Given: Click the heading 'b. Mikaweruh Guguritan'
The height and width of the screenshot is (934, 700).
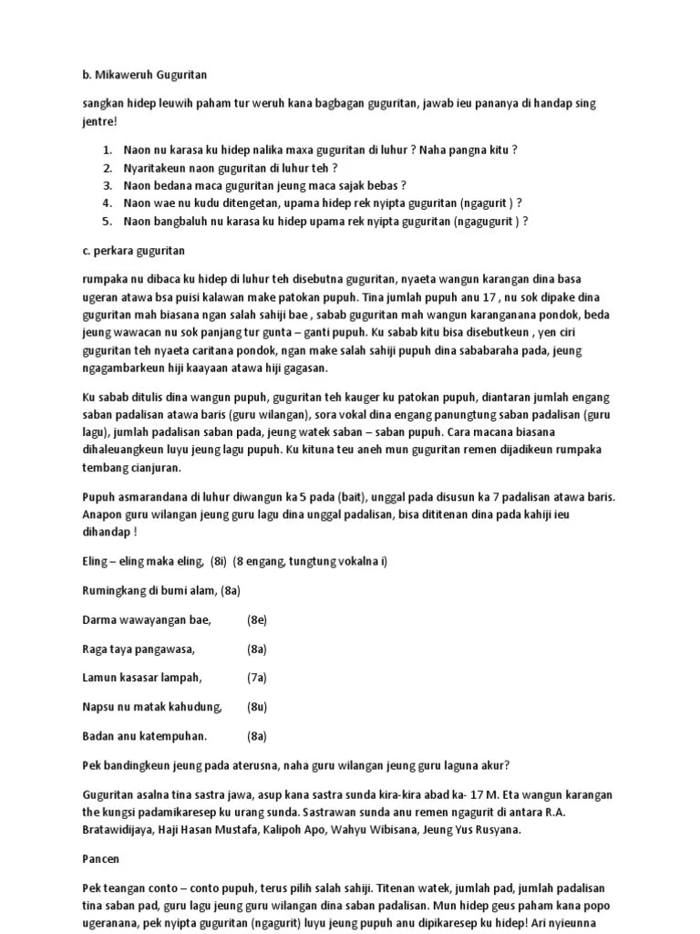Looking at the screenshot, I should pyautogui.click(x=150, y=74).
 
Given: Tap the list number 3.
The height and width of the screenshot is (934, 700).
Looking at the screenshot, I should pyautogui.click(x=107, y=185).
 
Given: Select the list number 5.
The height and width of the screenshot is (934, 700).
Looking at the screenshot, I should pyautogui.click(x=107, y=221).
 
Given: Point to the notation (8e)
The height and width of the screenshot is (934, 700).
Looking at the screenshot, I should pyautogui.click(x=256, y=620).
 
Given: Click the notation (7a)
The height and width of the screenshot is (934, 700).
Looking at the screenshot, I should pyautogui.click(x=256, y=678).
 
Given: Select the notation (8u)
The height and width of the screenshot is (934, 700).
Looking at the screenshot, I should pyautogui.click(x=256, y=707).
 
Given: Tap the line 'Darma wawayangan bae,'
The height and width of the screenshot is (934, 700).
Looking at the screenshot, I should pyautogui.click(x=146, y=620).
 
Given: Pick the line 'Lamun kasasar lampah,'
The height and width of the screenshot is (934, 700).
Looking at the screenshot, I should pyautogui.click(x=141, y=678).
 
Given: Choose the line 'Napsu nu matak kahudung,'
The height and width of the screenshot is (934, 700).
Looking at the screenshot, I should pyautogui.click(x=152, y=707).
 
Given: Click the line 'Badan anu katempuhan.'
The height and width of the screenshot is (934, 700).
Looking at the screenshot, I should pyautogui.click(x=145, y=736).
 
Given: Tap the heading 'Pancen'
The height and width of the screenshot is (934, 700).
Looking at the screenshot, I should pyautogui.click(x=101, y=859).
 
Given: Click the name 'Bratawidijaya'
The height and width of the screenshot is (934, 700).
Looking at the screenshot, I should pyautogui.click(x=122, y=829).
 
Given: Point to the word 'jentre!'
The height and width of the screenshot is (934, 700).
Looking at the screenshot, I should pyautogui.click(x=99, y=120).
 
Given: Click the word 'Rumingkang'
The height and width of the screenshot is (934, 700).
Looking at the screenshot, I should pyautogui.click(x=113, y=591).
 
